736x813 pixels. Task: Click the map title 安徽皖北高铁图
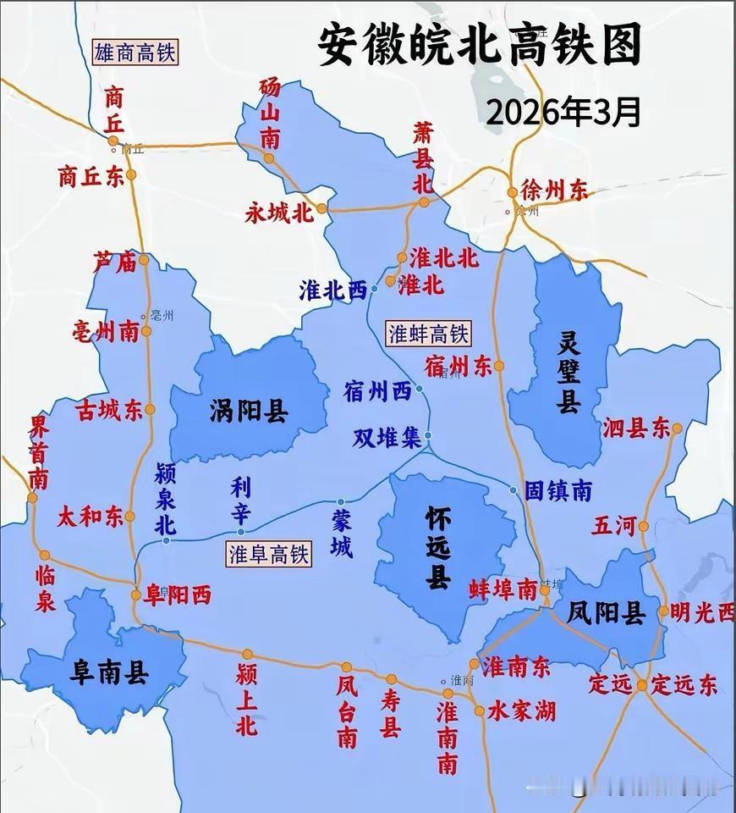[x=480, y=43]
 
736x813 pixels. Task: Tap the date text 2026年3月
[x=563, y=111]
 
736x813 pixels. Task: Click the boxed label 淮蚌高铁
[x=427, y=333]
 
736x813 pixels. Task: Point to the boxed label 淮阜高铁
[x=269, y=555]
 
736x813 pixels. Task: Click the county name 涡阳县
[x=249, y=412]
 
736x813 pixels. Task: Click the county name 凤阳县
[x=607, y=612]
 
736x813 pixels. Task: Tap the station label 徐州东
[x=554, y=191]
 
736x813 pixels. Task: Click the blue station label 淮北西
[x=332, y=290]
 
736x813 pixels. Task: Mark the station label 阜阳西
[x=177, y=595]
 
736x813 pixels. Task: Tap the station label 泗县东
[x=636, y=429]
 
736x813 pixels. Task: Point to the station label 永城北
[x=279, y=212]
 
